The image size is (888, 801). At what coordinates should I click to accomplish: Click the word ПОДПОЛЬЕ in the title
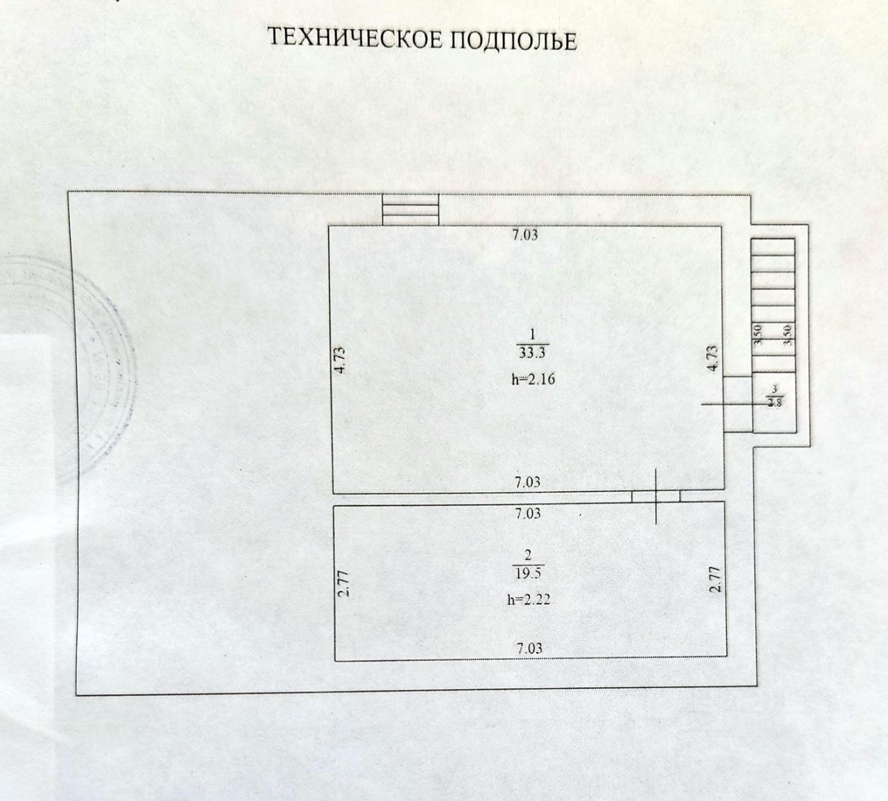coord(514,40)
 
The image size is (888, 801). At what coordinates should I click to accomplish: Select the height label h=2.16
coord(532,379)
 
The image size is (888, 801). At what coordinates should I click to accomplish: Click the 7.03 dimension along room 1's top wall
coord(525,235)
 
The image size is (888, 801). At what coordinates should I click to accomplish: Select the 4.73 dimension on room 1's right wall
coord(713,360)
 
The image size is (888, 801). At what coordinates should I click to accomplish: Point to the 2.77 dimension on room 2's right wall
coord(717,580)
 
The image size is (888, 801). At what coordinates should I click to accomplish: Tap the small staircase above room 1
coord(411,209)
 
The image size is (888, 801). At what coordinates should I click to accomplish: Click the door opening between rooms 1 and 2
coord(655,496)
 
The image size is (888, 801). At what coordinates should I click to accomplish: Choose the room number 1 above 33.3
coord(532,333)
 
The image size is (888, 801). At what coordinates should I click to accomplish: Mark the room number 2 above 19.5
coord(529,555)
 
